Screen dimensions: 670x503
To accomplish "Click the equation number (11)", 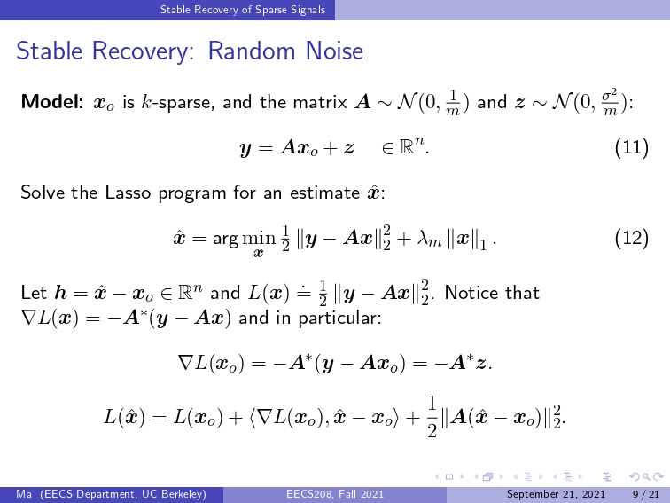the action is (632, 147).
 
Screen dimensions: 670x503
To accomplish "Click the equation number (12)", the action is (632, 238).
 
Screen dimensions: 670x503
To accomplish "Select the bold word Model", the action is (52, 102).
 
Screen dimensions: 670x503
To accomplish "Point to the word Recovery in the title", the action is (144, 51).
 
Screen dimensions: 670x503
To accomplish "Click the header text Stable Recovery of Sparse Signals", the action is (243, 10).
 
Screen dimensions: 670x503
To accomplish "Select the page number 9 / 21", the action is (646, 494).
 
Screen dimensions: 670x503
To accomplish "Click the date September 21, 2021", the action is (556, 494).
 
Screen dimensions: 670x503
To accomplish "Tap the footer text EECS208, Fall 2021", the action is (335, 494).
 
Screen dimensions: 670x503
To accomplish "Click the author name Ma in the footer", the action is (24, 494).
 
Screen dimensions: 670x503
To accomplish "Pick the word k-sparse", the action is (178, 103).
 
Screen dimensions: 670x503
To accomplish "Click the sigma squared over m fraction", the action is (610, 103).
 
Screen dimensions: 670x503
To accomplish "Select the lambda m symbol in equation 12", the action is (429, 239).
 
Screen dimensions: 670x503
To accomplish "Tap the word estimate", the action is (324, 193).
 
